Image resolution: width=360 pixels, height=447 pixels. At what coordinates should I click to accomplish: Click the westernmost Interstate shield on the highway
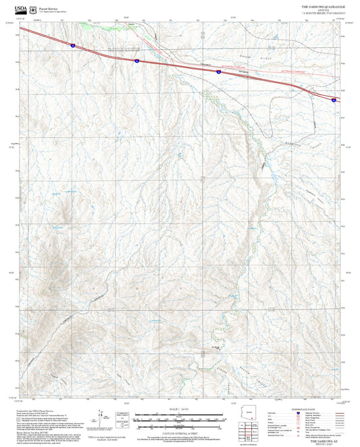[72, 45]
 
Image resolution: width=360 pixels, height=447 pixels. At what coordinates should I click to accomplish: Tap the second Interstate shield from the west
[136, 61]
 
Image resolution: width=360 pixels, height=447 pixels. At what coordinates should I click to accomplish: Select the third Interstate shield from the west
[218, 71]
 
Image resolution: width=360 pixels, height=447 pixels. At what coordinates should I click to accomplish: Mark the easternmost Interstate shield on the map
[334, 99]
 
